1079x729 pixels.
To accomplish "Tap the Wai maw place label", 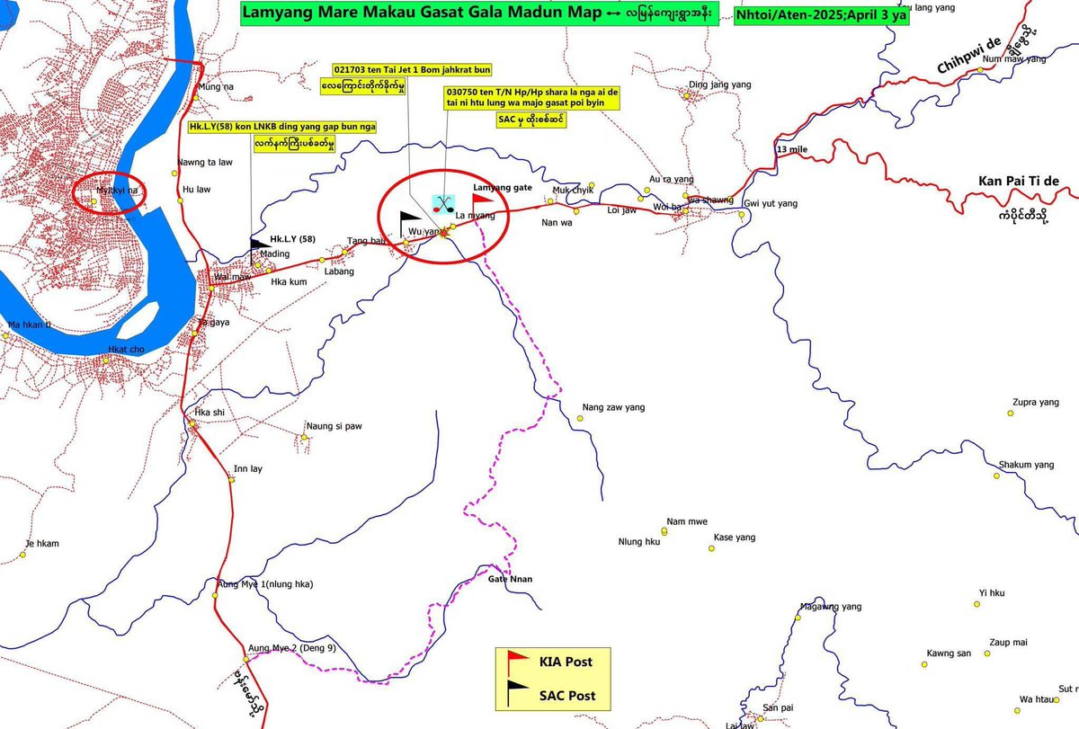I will point(230,278).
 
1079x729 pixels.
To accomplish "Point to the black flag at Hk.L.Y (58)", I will point(259,243).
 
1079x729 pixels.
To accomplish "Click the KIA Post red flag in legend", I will point(518,662).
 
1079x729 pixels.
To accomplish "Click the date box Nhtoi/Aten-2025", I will point(820,15).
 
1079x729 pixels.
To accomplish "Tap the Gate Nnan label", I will point(510,579).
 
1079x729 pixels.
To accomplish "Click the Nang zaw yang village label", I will point(613,408).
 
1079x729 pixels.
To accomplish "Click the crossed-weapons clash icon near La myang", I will point(443,202).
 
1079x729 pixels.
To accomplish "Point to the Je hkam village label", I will point(42,543).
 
